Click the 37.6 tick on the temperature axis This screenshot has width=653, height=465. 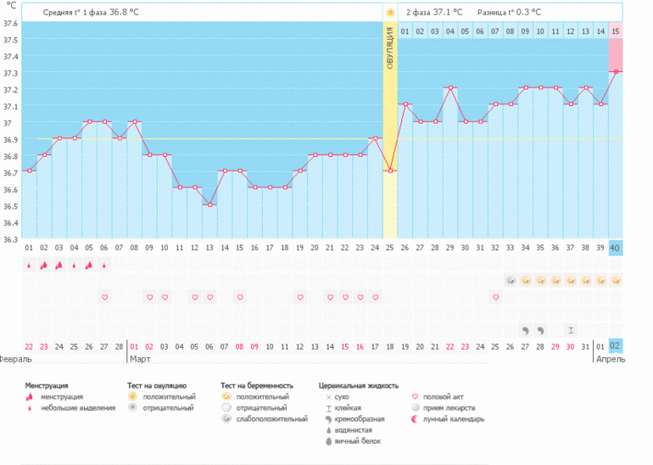tap(10, 23)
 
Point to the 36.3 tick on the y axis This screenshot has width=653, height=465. tap(10, 239)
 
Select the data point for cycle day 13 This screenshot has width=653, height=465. tap(210, 204)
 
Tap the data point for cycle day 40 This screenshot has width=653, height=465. tap(616, 71)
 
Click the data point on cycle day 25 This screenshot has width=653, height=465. tap(390, 171)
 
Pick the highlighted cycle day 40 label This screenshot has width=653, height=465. tap(616, 248)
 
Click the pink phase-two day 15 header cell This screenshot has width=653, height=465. tap(616, 31)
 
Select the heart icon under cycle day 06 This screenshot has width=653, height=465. tap(104, 297)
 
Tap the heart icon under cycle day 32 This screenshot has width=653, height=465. tap(495, 297)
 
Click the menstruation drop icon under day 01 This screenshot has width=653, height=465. tap(29, 265)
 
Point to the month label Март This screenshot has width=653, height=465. tap(140, 360)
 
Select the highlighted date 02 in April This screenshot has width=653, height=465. tap(616, 345)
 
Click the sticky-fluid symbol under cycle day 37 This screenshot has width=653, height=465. tap(571, 329)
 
